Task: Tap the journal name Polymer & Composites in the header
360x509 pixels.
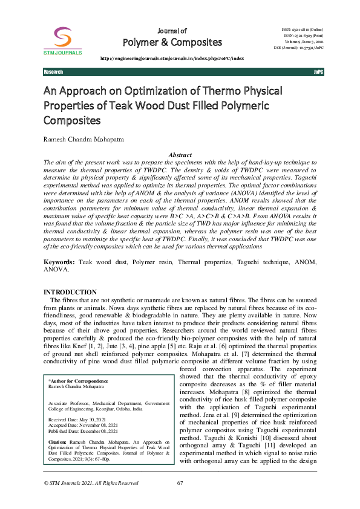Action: pos(172,42)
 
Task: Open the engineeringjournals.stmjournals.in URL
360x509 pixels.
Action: pos(172,58)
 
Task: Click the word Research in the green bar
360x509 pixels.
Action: pos(53,72)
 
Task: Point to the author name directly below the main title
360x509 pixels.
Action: pos(82,140)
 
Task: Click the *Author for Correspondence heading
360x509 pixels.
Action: pos(78,381)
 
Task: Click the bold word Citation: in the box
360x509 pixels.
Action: pos(59,442)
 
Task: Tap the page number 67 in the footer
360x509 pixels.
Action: pos(180,483)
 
